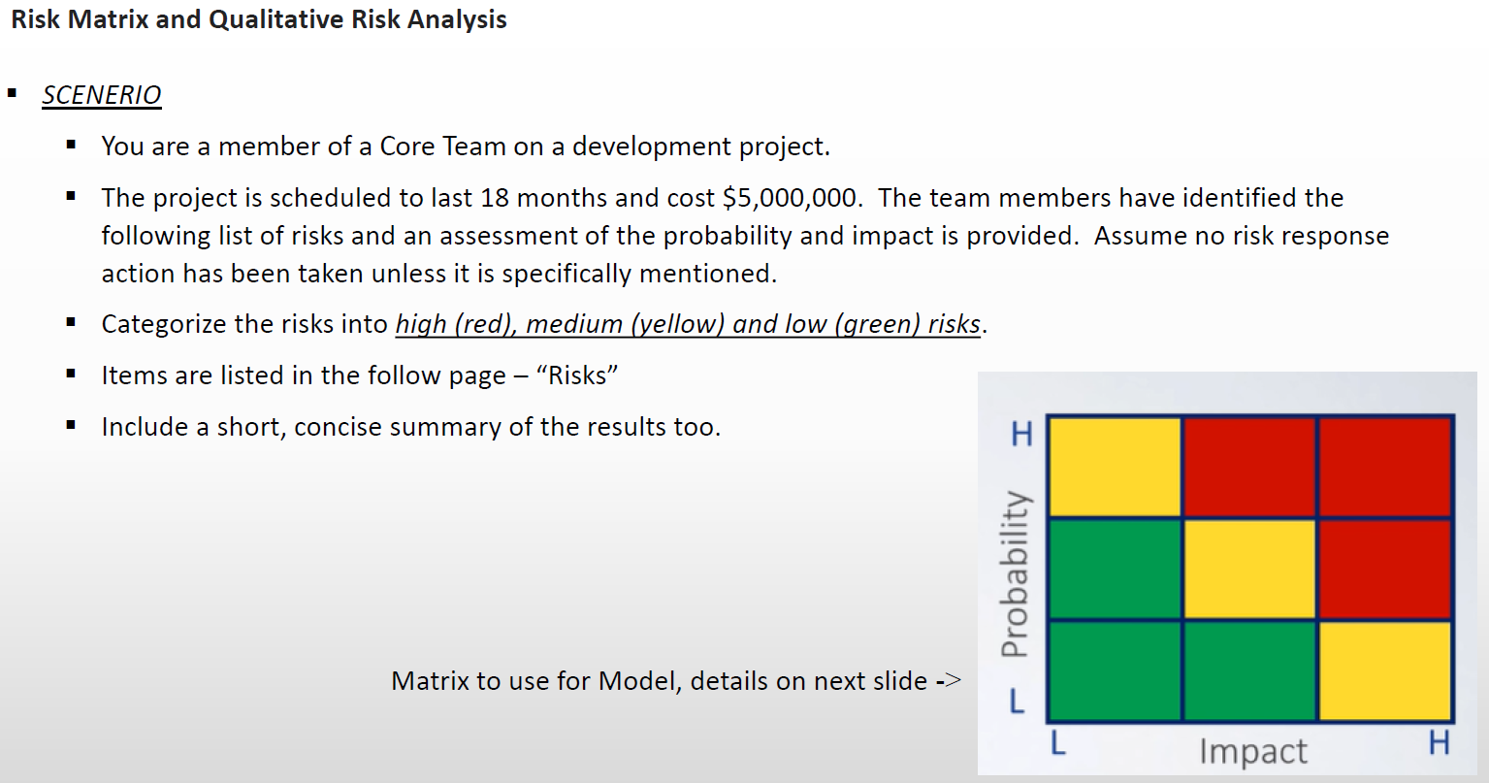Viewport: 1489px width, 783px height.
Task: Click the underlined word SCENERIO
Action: click(x=102, y=95)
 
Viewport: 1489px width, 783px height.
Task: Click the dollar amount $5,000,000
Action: click(x=790, y=198)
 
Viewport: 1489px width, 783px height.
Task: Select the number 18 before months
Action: click(x=495, y=198)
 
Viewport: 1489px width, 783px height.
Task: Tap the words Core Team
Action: click(x=442, y=147)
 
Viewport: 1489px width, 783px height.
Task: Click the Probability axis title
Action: click(x=1015, y=573)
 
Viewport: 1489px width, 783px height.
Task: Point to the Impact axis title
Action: click(x=1252, y=751)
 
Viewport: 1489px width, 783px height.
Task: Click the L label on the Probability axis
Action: click(x=1016, y=701)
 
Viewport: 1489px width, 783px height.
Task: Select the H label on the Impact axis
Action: click(x=1439, y=743)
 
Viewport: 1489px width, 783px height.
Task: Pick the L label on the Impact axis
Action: click(x=1057, y=743)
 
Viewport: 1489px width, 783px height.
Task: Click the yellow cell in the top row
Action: click(x=1115, y=467)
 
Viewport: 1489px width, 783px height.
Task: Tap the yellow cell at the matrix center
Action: click(x=1249, y=569)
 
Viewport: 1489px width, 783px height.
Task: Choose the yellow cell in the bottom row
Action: click(x=1384, y=670)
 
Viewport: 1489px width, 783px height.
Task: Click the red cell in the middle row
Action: click(x=1384, y=569)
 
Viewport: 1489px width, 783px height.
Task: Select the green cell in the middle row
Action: click(x=1115, y=569)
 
